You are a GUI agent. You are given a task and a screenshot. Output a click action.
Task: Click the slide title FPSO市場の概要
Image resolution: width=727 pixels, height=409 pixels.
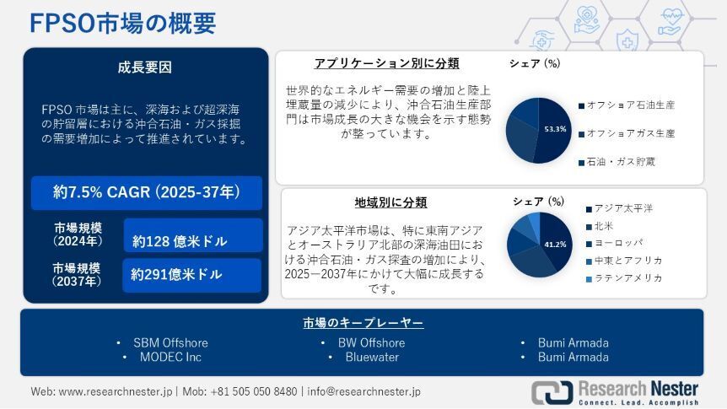coord(123,23)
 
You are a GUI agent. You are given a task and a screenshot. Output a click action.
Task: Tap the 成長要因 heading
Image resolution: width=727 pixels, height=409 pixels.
coord(145,67)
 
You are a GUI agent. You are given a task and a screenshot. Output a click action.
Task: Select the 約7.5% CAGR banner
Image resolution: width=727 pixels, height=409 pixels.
coord(147,192)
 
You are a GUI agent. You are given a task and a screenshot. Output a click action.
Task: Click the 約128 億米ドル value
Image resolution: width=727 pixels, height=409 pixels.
coord(180,241)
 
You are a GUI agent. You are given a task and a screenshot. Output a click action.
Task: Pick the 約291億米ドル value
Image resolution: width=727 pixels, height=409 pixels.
coord(176,275)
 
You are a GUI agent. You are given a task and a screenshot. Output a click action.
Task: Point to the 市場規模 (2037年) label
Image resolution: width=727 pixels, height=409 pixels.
coord(77,275)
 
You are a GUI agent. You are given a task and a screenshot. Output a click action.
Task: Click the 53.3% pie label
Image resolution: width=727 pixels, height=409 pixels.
coord(556,129)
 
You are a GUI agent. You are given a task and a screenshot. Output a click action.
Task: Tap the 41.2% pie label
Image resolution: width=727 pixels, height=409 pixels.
coord(555,245)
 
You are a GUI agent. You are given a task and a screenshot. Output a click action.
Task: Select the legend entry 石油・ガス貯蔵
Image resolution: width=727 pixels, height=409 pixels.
coord(617,162)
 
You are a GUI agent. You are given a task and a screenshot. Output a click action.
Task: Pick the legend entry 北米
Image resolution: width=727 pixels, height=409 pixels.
coord(600,226)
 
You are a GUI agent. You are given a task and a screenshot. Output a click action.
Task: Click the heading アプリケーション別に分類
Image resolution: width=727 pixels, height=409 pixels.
coord(386,63)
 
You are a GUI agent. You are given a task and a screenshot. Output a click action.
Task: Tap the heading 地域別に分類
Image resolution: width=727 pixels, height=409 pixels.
coord(390,202)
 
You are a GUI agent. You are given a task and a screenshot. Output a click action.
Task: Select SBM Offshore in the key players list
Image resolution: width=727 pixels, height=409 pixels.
coord(170,342)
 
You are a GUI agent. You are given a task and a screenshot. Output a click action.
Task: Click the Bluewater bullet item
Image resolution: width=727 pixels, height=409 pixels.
coord(372,357)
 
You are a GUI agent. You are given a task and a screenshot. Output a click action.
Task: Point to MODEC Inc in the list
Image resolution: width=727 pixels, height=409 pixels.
coord(170,357)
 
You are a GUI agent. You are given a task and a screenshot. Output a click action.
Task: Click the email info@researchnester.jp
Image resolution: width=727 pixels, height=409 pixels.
coord(364,391)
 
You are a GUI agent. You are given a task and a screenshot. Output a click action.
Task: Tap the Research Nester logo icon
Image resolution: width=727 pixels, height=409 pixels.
coord(552,392)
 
